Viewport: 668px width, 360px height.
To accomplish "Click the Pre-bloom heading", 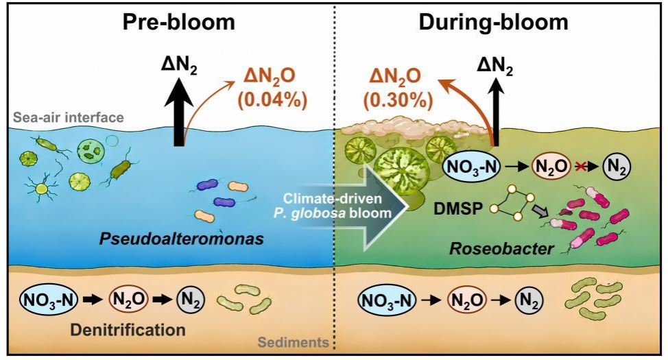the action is coord(179,22).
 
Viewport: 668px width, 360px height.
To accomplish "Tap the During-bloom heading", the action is coord(494,22).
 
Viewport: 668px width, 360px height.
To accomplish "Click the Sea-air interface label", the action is coord(68,117).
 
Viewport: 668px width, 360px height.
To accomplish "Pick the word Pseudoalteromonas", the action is coord(182,239).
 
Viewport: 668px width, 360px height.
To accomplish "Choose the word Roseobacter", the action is coord(502,248).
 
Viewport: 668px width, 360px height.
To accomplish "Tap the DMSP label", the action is coord(458,208).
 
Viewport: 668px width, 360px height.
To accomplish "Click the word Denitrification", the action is coord(128,330).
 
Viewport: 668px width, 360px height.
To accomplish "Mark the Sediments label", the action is coord(294,342).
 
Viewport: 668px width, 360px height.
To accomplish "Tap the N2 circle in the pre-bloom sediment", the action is coord(191,300).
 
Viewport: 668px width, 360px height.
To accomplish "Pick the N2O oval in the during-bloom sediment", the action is coord(467,300).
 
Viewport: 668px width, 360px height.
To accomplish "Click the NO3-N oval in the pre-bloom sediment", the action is coord(49,300).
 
